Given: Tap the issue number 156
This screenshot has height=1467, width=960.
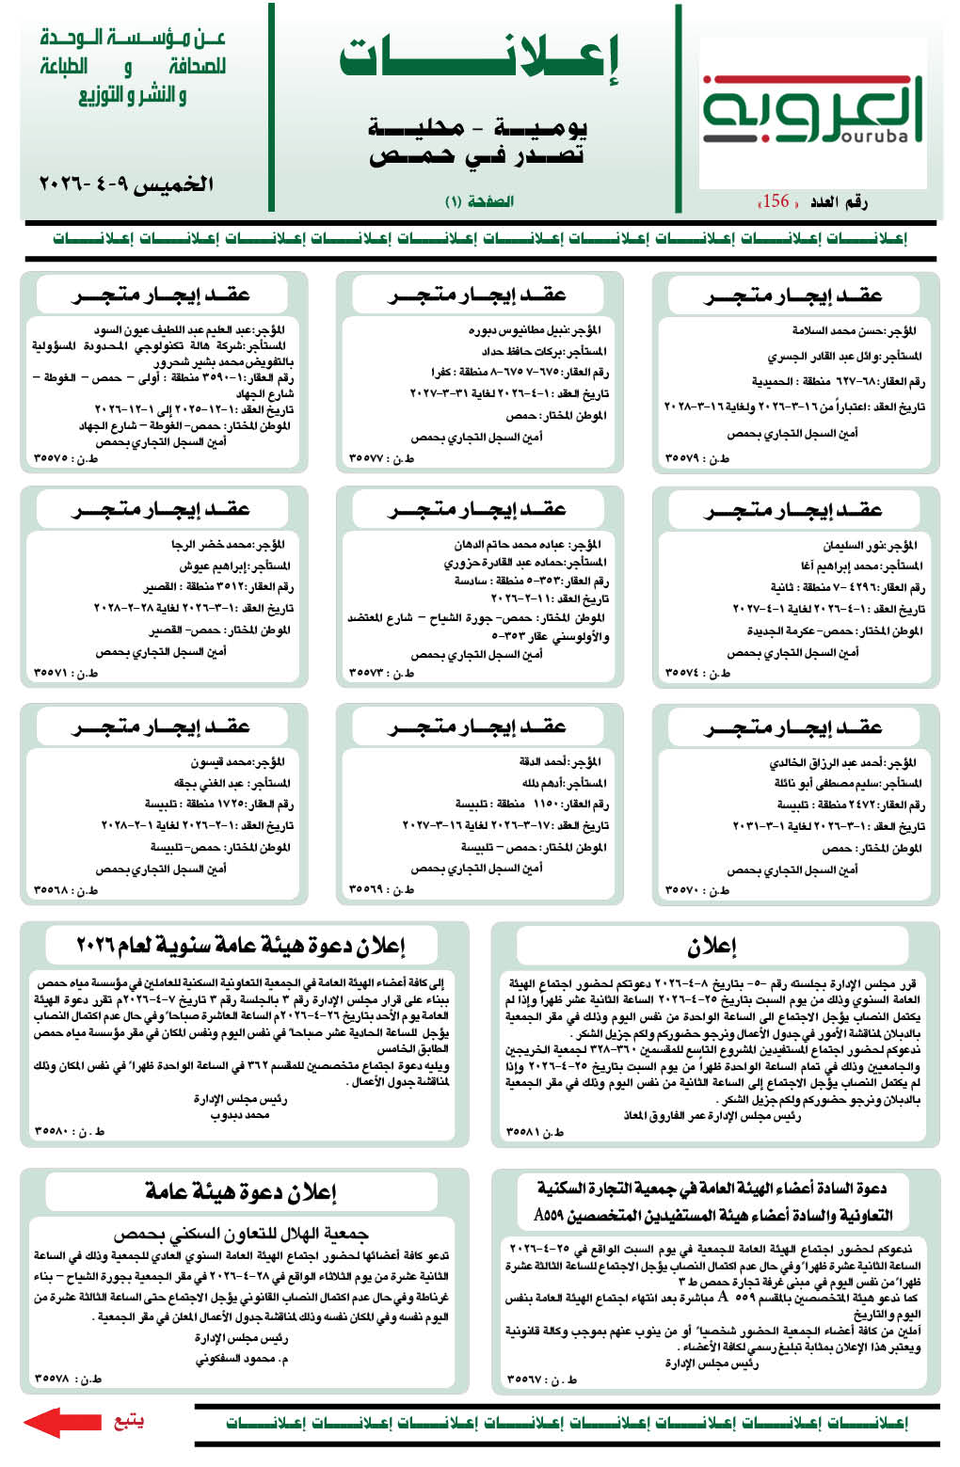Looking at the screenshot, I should [776, 200].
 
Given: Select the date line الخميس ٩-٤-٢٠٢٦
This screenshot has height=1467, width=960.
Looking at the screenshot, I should [126, 183].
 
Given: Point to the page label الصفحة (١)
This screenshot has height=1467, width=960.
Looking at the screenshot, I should [479, 201].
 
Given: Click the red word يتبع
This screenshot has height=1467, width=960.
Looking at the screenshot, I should [128, 1420].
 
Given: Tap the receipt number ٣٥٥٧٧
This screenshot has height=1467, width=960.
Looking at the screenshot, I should [367, 458].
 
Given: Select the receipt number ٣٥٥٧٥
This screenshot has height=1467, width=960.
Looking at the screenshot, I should [52, 458].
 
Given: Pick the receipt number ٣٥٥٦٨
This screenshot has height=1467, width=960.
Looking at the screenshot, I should [52, 889].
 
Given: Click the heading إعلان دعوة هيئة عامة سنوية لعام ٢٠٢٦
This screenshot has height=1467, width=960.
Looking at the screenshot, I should [241, 944].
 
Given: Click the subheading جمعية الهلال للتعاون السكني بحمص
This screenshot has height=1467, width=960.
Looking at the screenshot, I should [241, 1233].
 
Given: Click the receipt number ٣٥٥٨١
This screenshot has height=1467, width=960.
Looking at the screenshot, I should [523, 1132].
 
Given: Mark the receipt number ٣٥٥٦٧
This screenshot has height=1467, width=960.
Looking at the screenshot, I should [523, 1379].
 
